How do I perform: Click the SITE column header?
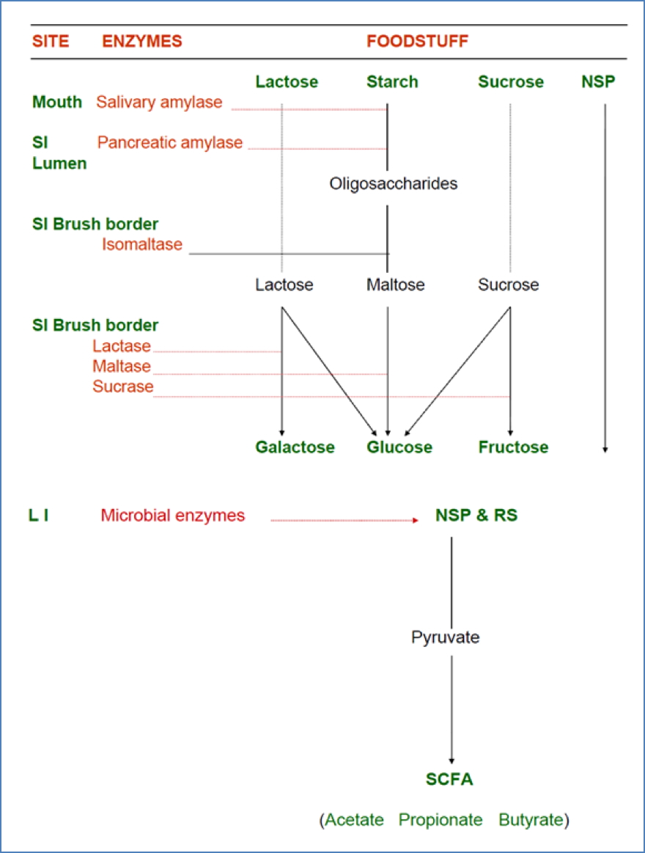click(x=51, y=41)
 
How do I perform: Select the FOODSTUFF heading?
click(x=417, y=41)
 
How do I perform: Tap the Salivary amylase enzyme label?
click(x=159, y=102)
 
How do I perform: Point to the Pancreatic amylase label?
click(x=169, y=142)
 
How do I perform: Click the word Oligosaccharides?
click(x=394, y=183)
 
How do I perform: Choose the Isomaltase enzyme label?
click(x=142, y=244)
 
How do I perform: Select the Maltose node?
click(x=395, y=285)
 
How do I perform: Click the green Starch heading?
click(x=392, y=81)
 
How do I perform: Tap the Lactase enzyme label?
click(x=122, y=346)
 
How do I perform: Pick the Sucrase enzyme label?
click(x=123, y=387)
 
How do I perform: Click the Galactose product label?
click(x=295, y=447)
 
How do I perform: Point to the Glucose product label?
click(x=399, y=447)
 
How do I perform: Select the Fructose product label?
click(x=513, y=447)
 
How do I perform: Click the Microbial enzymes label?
click(x=173, y=516)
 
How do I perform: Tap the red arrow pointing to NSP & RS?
click(x=344, y=520)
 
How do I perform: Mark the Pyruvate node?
click(x=445, y=637)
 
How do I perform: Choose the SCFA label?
click(x=449, y=780)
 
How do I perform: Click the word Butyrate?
click(x=532, y=820)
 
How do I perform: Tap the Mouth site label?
click(x=57, y=102)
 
